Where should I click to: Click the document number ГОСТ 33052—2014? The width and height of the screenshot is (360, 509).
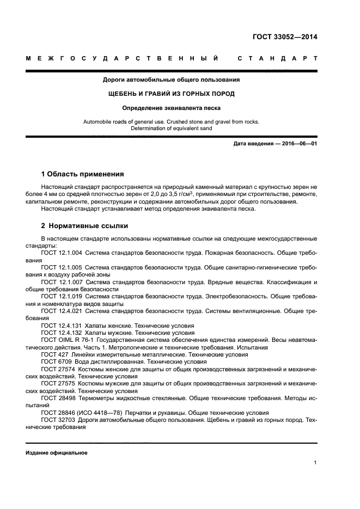[284, 38]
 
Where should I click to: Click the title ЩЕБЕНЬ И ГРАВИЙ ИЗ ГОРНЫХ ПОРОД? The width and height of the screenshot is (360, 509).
[172, 94]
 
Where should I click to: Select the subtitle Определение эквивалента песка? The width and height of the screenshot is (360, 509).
[172, 108]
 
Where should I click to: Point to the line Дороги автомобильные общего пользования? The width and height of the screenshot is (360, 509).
[172, 80]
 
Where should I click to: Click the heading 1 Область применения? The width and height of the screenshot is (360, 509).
[83, 174]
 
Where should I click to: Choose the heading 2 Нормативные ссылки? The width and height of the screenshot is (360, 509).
[85, 225]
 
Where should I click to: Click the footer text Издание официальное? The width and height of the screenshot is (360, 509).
[57, 453]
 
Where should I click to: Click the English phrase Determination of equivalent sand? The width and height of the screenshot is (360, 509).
[172, 128]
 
